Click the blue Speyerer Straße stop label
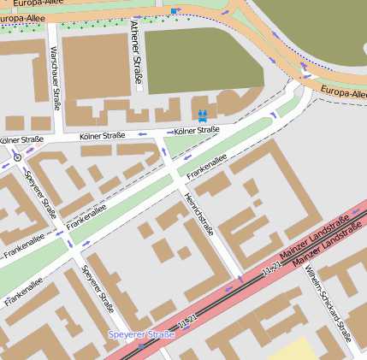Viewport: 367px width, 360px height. [141, 334]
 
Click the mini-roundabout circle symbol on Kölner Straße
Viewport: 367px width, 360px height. [17, 158]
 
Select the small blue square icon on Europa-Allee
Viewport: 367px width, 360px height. [175, 11]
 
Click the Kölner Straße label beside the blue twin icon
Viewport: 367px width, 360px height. [196, 131]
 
